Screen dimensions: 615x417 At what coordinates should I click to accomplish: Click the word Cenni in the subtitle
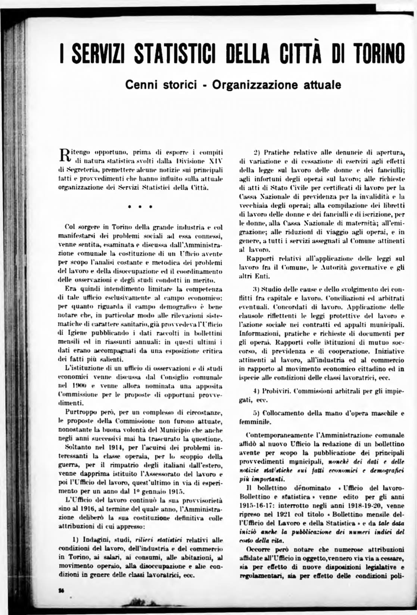coord(142,85)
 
